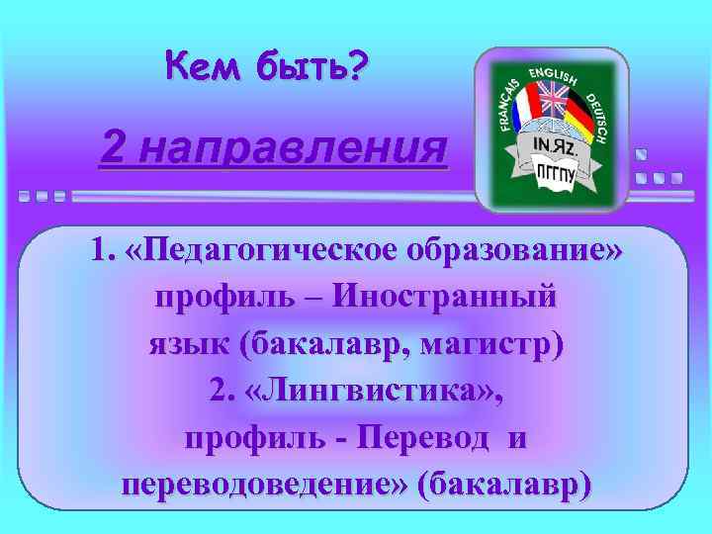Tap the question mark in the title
tap(355, 66)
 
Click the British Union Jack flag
tap(550, 100)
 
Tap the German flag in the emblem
tap(578, 118)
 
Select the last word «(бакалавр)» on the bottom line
tap(505, 486)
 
